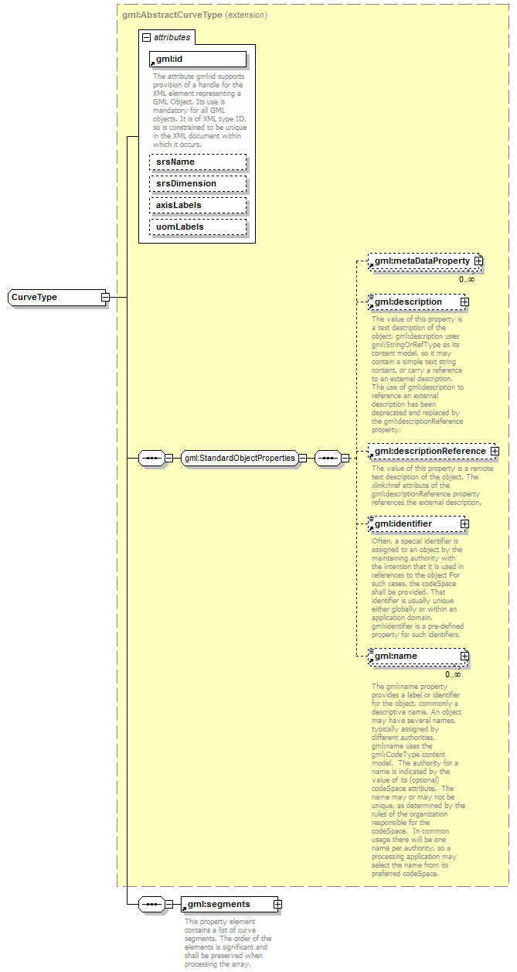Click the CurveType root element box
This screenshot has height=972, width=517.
pyautogui.click(x=54, y=298)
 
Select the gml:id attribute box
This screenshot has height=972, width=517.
pyautogui.click(x=198, y=59)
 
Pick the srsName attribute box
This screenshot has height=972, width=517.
pyautogui.click(x=198, y=162)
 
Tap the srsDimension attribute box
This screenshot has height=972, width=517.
pyautogui.click(x=198, y=183)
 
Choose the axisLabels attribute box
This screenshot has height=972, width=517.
pyautogui.click(x=198, y=205)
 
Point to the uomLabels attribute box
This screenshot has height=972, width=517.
pyautogui.click(x=198, y=227)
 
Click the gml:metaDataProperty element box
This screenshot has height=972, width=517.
pyautogui.click(x=421, y=261)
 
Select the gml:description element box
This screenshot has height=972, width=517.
pyautogui.click(x=413, y=302)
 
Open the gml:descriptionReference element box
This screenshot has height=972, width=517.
pyautogui.click(x=429, y=451)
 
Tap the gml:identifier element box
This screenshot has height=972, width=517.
pyautogui.click(x=413, y=524)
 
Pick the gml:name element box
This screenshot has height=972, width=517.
pyautogui.click(x=413, y=657)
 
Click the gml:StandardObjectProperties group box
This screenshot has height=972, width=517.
pyautogui.click(x=240, y=458)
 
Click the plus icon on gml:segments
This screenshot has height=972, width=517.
pyautogui.click(x=277, y=904)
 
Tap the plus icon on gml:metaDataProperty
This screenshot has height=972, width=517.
pyautogui.click(x=478, y=261)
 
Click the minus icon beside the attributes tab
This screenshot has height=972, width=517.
pyautogui.click(x=145, y=37)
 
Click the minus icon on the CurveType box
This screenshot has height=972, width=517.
pyautogui.click(x=105, y=298)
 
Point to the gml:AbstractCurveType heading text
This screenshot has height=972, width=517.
pyautogui.click(x=172, y=15)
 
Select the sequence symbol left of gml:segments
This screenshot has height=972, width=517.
pyautogui.click(x=151, y=904)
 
